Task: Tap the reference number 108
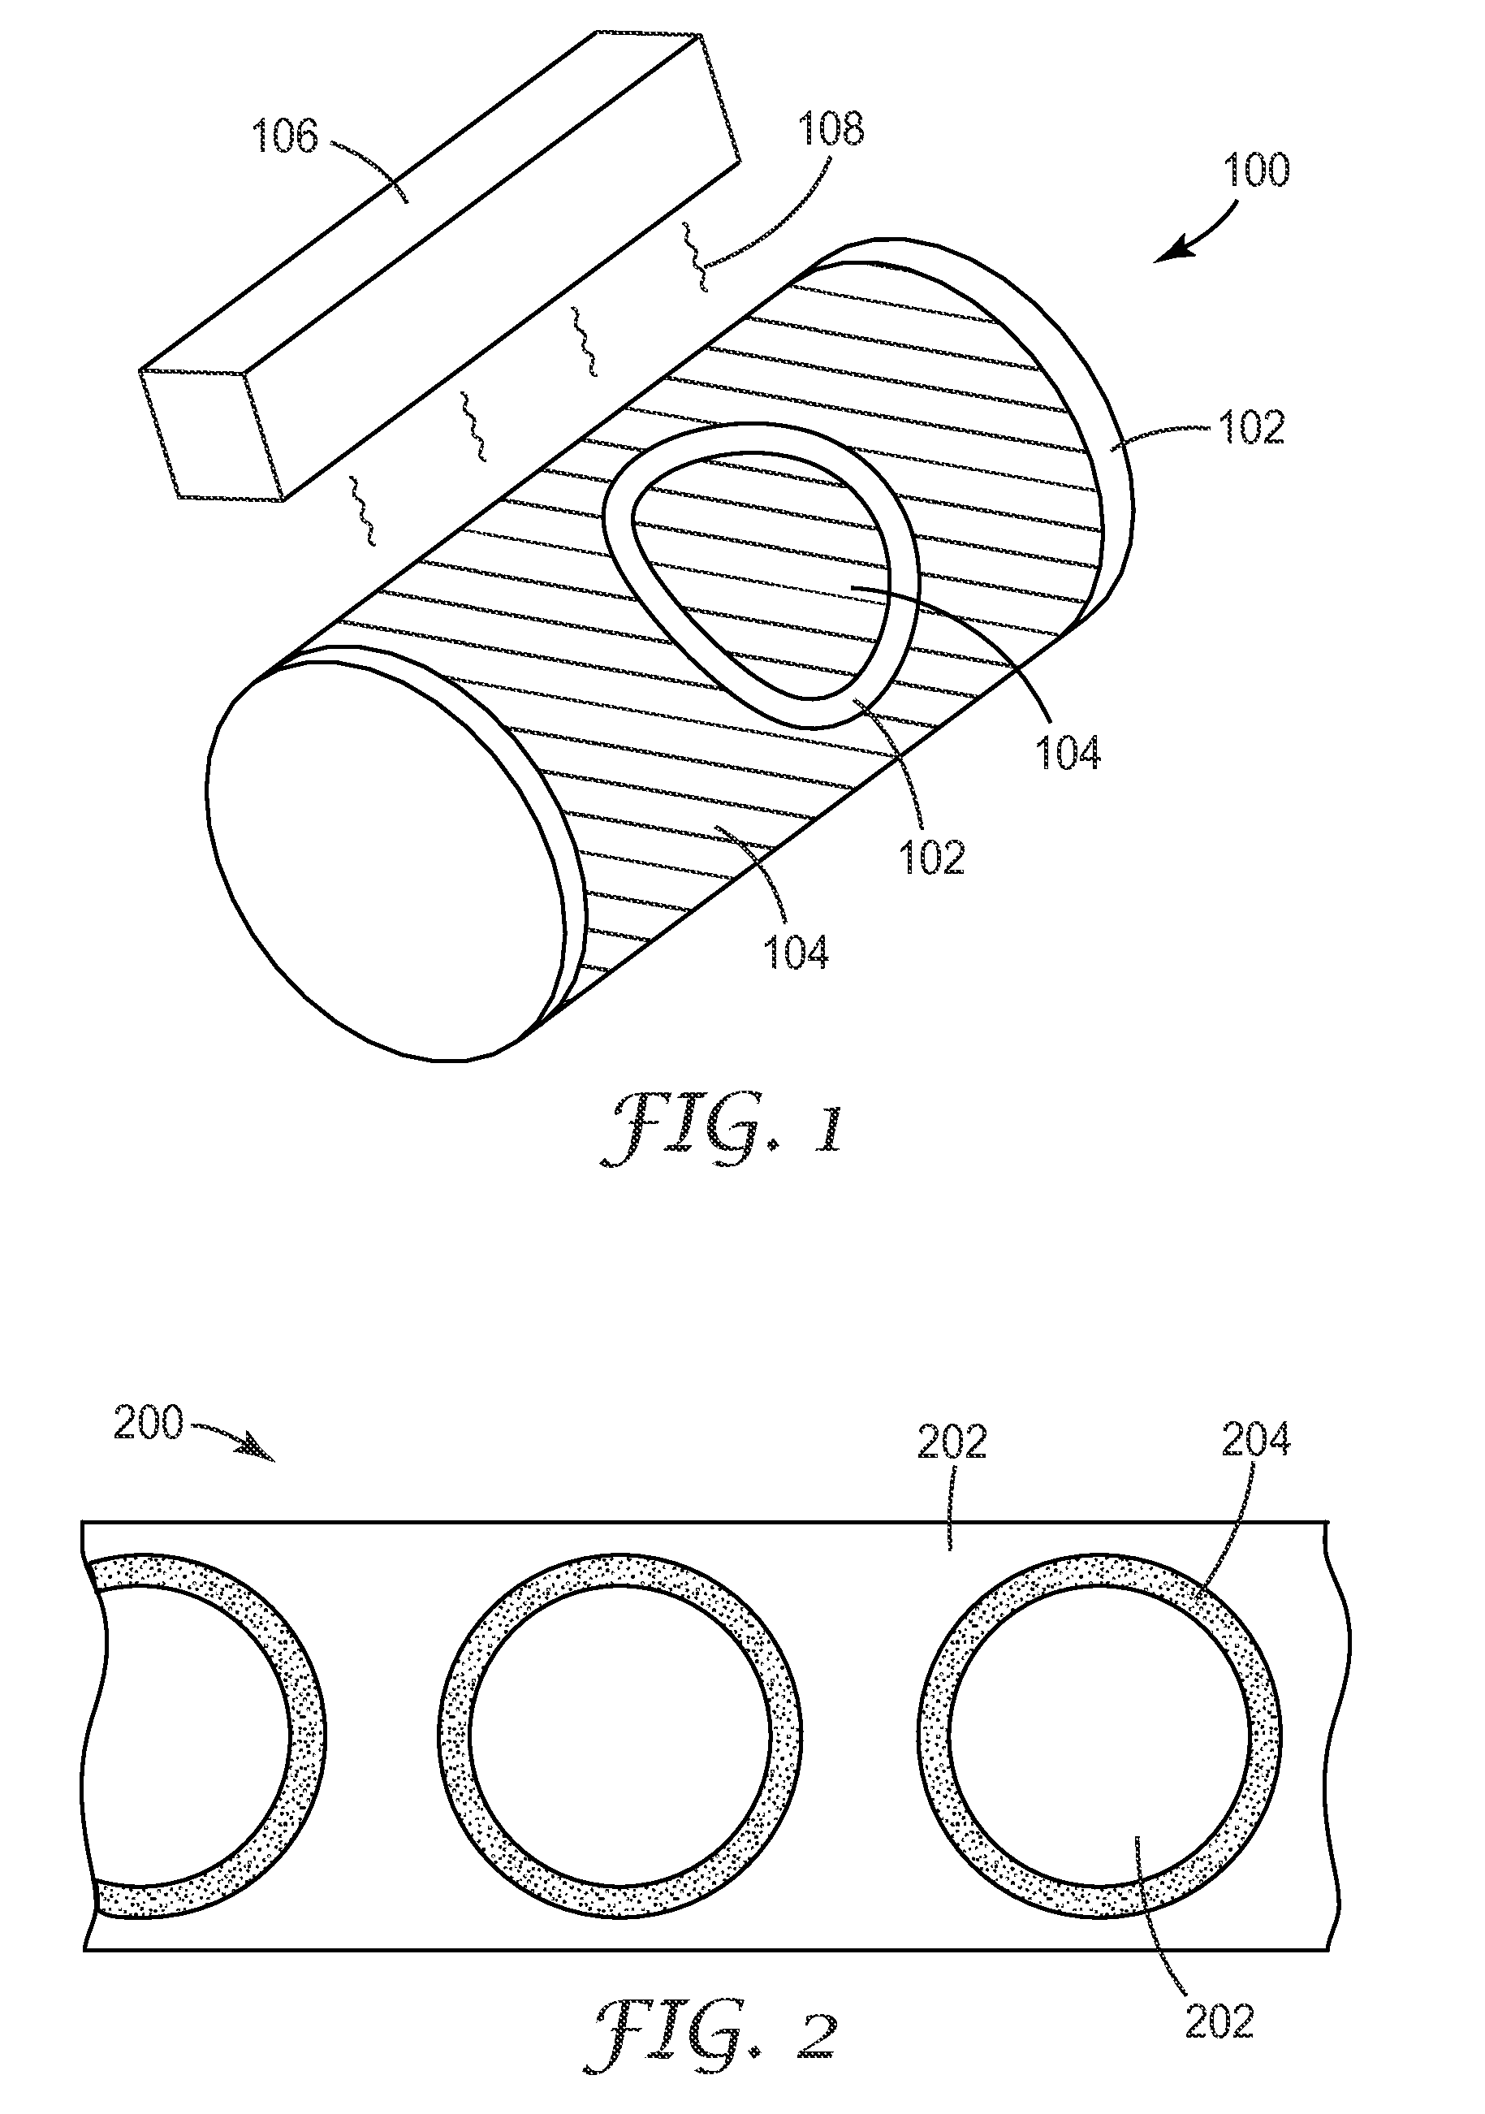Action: pyautogui.click(x=831, y=129)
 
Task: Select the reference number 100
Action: pyautogui.click(x=1256, y=171)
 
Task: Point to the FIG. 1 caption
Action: pyautogui.click(x=722, y=1129)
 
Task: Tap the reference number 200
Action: pyautogui.click(x=149, y=1423)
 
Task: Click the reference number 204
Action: pyautogui.click(x=1256, y=1440)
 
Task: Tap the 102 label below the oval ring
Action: pyautogui.click(x=932, y=857)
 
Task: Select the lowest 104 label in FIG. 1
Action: pyautogui.click(x=796, y=952)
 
